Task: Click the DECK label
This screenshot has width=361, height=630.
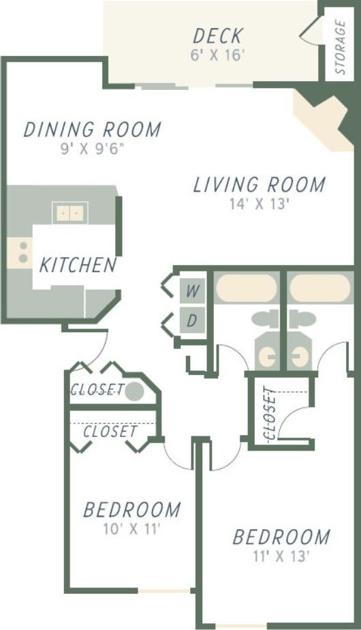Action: (x=217, y=35)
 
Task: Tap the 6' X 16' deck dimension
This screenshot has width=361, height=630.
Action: (x=217, y=55)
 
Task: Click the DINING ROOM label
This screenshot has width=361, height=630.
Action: (x=92, y=129)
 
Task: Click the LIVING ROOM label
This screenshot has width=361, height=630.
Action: (x=259, y=185)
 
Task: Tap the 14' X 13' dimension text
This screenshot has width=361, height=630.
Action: (x=260, y=204)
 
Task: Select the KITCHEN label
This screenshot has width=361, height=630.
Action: (x=77, y=265)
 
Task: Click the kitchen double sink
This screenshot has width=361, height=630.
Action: (x=70, y=213)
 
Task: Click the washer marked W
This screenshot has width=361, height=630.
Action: (x=193, y=291)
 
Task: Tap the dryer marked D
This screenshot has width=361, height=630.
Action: (x=193, y=320)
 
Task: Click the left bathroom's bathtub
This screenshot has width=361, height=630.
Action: (x=246, y=288)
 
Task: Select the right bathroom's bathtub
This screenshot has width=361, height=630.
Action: (x=319, y=288)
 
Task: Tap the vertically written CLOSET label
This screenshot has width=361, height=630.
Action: (x=269, y=413)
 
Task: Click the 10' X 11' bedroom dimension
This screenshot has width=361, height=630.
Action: (x=131, y=528)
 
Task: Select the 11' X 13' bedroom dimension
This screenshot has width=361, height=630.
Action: (x=281, y=556)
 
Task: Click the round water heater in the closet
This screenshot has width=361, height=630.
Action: (x=135, y=391)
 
